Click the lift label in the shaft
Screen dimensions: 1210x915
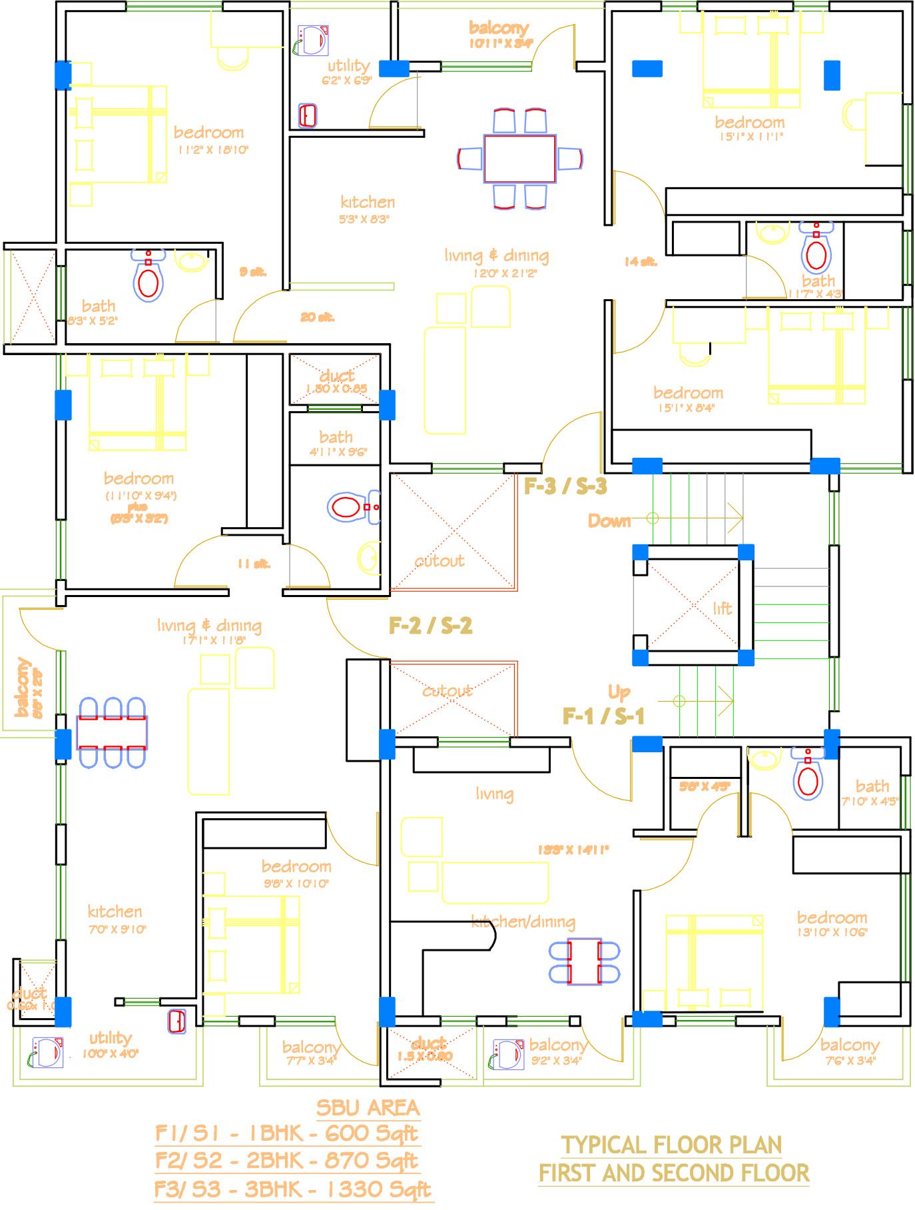tap(722, 608)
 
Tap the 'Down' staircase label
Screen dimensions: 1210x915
tap(609, 520)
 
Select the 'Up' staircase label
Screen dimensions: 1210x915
tap(619, 692)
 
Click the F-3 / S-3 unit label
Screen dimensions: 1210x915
tap(565, 486)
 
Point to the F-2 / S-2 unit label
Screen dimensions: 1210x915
tap(430, 626)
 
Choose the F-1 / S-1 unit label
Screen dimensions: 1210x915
tap(603, 716)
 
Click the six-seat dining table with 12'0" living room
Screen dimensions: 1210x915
tap(520, 159)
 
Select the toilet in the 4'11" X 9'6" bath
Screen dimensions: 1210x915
tap(347, 508)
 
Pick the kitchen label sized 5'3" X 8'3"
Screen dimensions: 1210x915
tap(368, 202)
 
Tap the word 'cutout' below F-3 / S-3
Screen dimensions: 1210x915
tap(440, 561)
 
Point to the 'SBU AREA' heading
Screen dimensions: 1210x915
tap(368, 1107)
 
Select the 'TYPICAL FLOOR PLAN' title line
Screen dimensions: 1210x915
tap(671, 1145)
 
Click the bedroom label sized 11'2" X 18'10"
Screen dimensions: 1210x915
tap(208, 132)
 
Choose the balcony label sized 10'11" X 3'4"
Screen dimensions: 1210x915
tap(499, 28)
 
